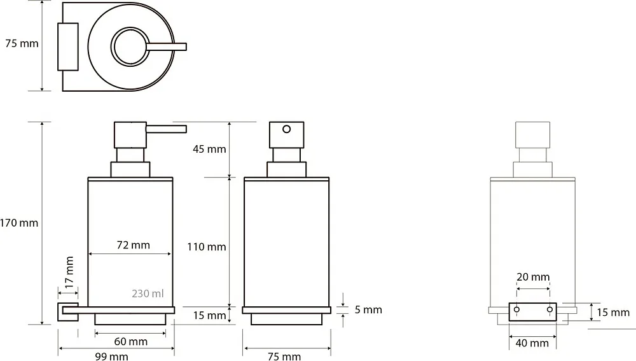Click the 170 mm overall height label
click(18, 223)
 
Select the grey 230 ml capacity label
click(148, 293)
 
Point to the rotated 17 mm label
click(69, 271)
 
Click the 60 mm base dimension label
click(130, 341)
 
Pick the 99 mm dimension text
click(111, 357)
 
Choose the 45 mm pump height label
click(209, 149)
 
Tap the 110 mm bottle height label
click(207, 246)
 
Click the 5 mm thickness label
click(368, 310)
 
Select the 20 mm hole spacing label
click(533, 277)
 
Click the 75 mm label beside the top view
click(22, 43)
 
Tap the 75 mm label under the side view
click(284, 357)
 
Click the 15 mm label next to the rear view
click(613, 312)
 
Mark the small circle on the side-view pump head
click(286, 129)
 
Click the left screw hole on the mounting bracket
click(516, 309)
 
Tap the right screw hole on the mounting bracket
click(550, 309)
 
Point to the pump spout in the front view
click(166, 129)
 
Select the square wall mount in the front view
click(68, 311)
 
